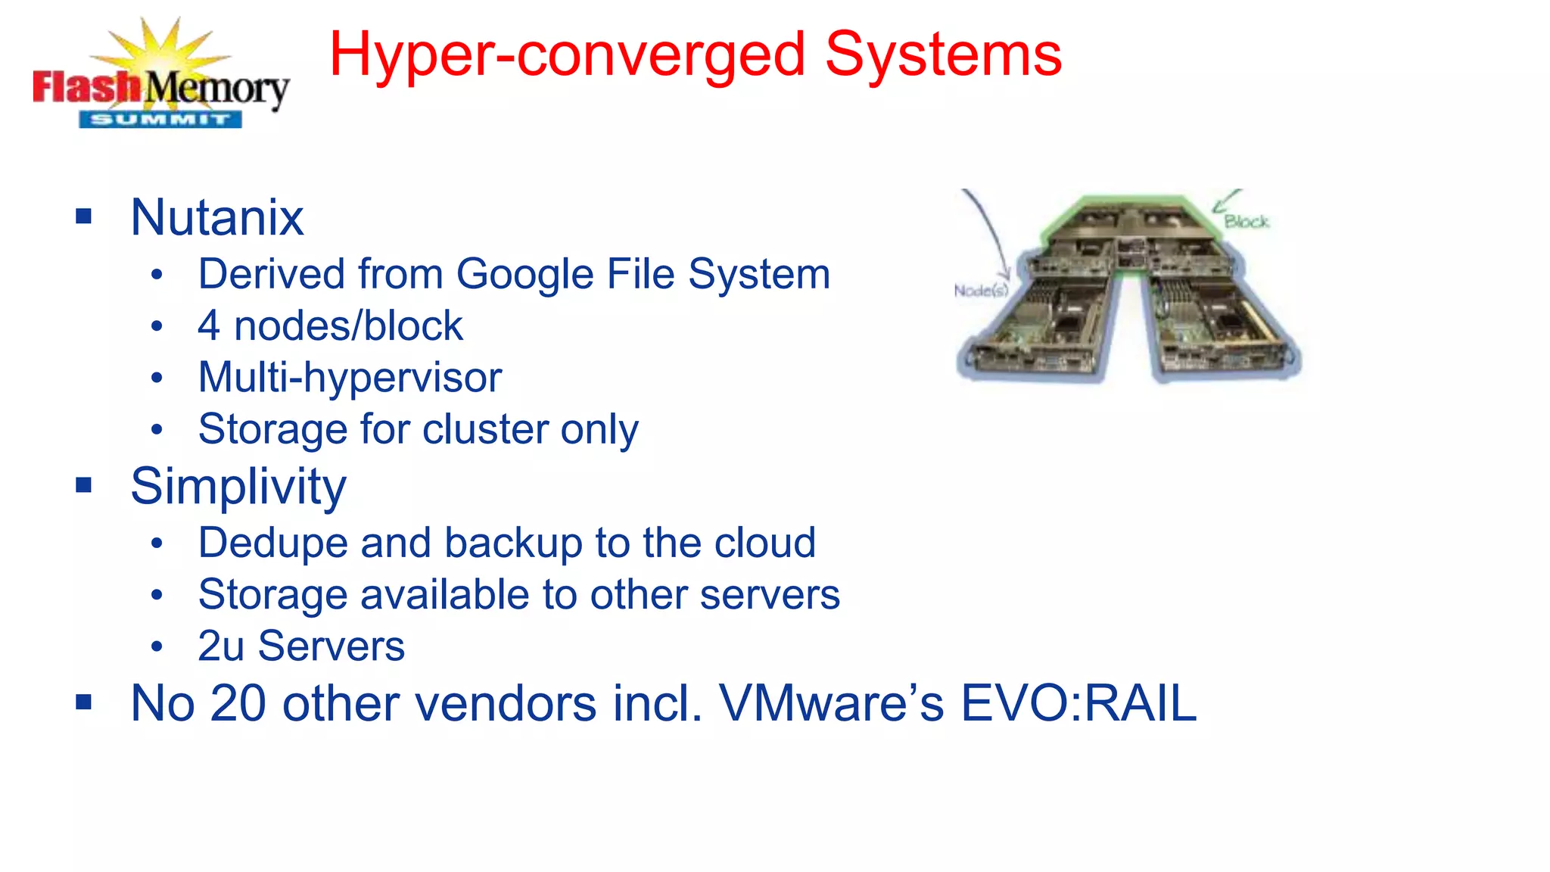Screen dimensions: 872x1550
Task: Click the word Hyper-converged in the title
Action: click(x=567, y=56)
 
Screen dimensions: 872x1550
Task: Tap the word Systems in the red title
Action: click(x=943, y=54)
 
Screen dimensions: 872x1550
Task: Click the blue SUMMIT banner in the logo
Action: click(x=160, y=120)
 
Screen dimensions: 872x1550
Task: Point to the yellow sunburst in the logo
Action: click(x=161, y=47)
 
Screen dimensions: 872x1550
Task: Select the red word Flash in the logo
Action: click(x=86, y=87)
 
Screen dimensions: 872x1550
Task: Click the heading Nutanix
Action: click(x=217, y=218)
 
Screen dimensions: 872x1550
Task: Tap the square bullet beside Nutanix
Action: click(x=84, y=217)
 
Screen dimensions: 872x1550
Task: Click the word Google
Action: click(x=526, y=274)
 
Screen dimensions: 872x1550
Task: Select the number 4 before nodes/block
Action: click(x=208, y=326)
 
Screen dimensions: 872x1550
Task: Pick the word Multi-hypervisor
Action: click(x=350, y=378)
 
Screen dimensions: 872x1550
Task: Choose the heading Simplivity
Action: click(x=238, y=487)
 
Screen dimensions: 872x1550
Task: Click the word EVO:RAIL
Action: click(x=1078, y=704)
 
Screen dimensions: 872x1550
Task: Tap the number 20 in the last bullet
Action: click(x=238, y=704)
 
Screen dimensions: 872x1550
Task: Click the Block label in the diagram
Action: click(x=1247, y=222)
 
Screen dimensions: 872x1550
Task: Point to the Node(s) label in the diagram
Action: click(x=981, y=291)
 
